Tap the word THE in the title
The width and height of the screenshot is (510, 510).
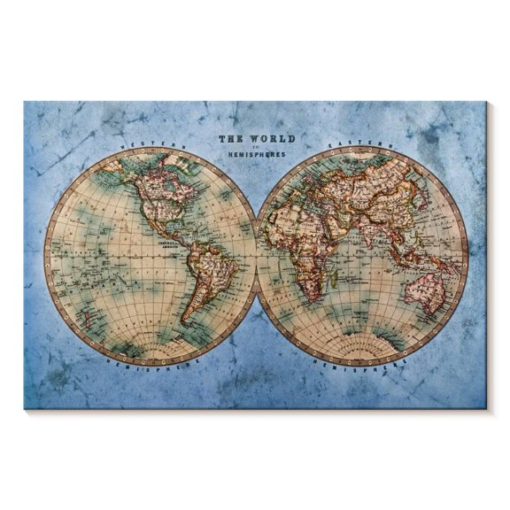click(x=231, y=139)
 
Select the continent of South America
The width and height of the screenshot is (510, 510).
click(x=205, y=274)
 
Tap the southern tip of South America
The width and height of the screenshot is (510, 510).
click(x=187, y=321)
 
